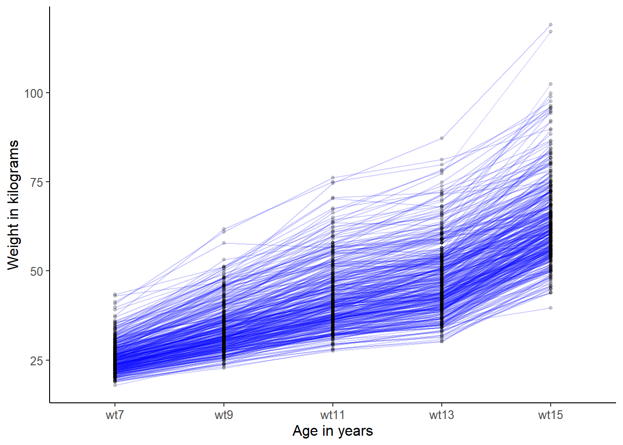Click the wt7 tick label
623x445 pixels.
[x=114, y=415]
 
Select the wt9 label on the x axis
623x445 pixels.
[x=223, y=415]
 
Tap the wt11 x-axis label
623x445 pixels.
[x=332, y=415]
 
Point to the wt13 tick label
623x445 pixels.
[x=441, y=415]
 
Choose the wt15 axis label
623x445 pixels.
[x=550, y=415]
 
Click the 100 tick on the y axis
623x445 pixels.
[x=33, y=94]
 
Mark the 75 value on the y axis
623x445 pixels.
[x=36, y=183]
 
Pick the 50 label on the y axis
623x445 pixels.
[x=36, y=272]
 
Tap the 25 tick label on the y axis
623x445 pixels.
[x=36, y=361]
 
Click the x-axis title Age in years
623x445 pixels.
[x=332, y=431]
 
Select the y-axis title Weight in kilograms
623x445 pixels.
[x=13, y=204]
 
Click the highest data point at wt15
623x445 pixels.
[x=551, y=25]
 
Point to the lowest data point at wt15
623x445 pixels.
[x=551, y=308]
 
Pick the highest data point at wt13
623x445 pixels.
[x=442, y=138]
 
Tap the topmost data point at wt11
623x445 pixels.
[x=333, y=178]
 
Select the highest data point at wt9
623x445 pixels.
[x=224, y=229]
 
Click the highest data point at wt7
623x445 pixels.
[x=115, y=294]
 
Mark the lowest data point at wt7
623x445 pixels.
[x=115, y=385]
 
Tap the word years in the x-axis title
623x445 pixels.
[x=356, y=431]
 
